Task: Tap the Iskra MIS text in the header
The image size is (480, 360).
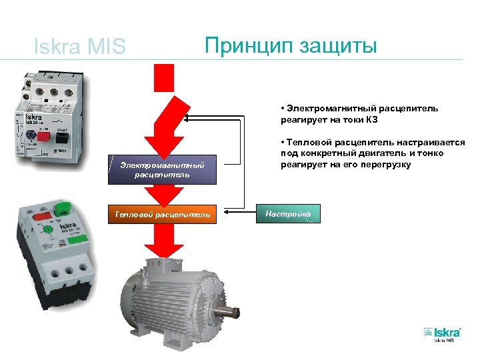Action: pyautogui.click(x=79, y=47)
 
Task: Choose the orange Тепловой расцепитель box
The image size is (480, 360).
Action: pyautogui.click(x=163, y=214)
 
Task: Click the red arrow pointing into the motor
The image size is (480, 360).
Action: pyautogui.click(x=163, y=243)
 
